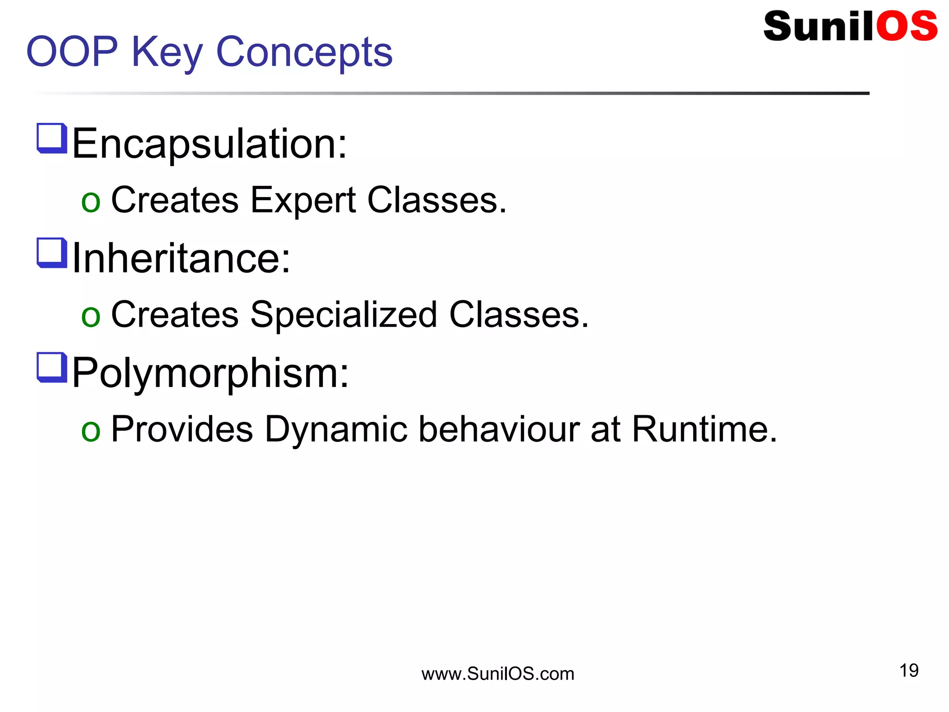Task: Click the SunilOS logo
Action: pos(850,26)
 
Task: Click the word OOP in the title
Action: pos(72,52)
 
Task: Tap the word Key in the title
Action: pos(167,53)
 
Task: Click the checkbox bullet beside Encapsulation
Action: pos(51,138)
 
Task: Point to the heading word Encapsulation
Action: pos(209,144)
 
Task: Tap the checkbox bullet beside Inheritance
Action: pos(51,252)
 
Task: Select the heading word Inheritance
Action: pos(181,259)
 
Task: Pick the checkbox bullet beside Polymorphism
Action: pos(51,367)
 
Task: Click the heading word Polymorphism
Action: pos(210,373)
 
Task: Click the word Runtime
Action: pos(704,429)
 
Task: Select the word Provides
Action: pos(182,429)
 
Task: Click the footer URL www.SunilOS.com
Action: pos(498,674)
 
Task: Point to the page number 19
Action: pos(909,670)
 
